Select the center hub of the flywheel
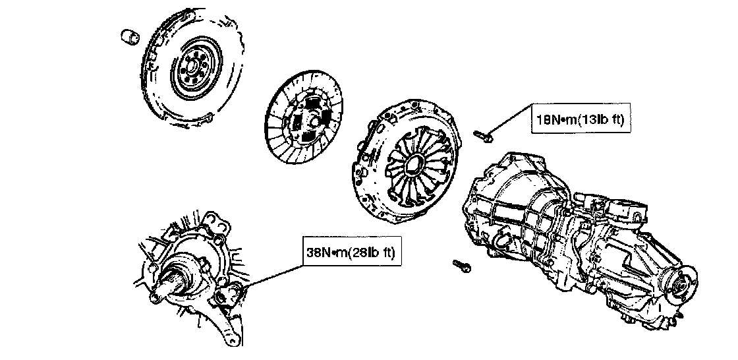click(x=194, y=66)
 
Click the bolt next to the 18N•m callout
click(x=481, y=136)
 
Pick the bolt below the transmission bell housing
click(x=460, y=266)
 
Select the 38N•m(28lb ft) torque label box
click(x=353, y=253)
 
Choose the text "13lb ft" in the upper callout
click(x=602, y=120)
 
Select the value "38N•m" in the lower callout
click(x=329, y=253)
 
